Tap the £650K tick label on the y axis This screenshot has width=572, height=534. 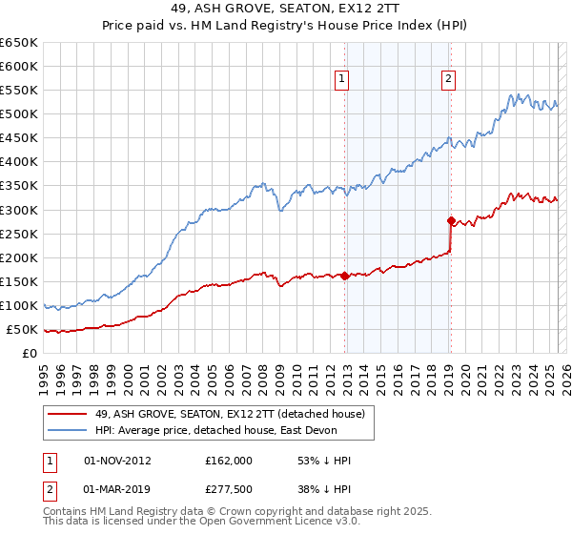[19, 43]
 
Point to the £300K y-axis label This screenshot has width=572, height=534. [19, 210]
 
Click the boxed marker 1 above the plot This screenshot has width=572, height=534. [340, 80]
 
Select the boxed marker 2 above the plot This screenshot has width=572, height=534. [447, 80]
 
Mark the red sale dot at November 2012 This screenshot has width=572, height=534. [344, 276]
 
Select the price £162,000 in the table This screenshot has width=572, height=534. [228, 460]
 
